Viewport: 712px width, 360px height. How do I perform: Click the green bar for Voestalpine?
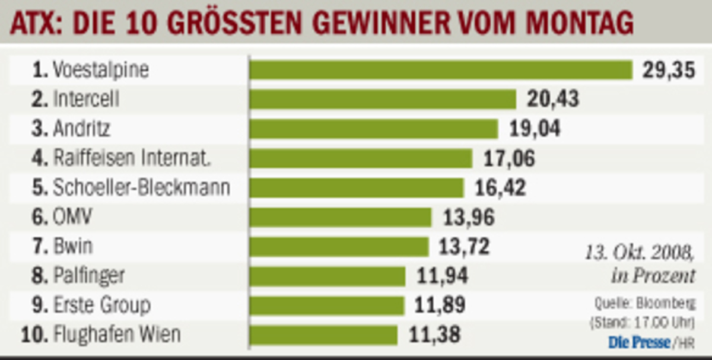click(x=441, y=70)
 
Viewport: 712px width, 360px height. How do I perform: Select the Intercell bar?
click(x=383, y=99)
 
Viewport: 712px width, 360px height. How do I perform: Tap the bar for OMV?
click(x=341, y=217)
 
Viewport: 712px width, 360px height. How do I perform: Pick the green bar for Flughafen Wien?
click(x=323, y=335)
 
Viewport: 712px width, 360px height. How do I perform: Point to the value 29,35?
click(x=669, y=71)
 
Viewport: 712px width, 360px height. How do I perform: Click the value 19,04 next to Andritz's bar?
click(x=535, y=129)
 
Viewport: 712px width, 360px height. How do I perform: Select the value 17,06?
click(x=509, y=158)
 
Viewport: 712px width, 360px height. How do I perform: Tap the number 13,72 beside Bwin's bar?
click(x=464, y=246)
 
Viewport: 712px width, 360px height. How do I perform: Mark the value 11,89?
click(x=440, y=305)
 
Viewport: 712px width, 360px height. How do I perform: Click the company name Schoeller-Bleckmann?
click(x=141, y=188)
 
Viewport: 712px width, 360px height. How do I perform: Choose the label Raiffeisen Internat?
click(x=132, y=158)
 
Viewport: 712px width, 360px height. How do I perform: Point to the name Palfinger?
click(x=89, y=276)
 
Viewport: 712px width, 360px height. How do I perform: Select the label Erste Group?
click(x=101, y=305)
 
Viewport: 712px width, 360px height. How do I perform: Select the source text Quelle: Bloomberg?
click(x=645, y=303)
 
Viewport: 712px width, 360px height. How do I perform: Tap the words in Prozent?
click(x=653, y=276)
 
